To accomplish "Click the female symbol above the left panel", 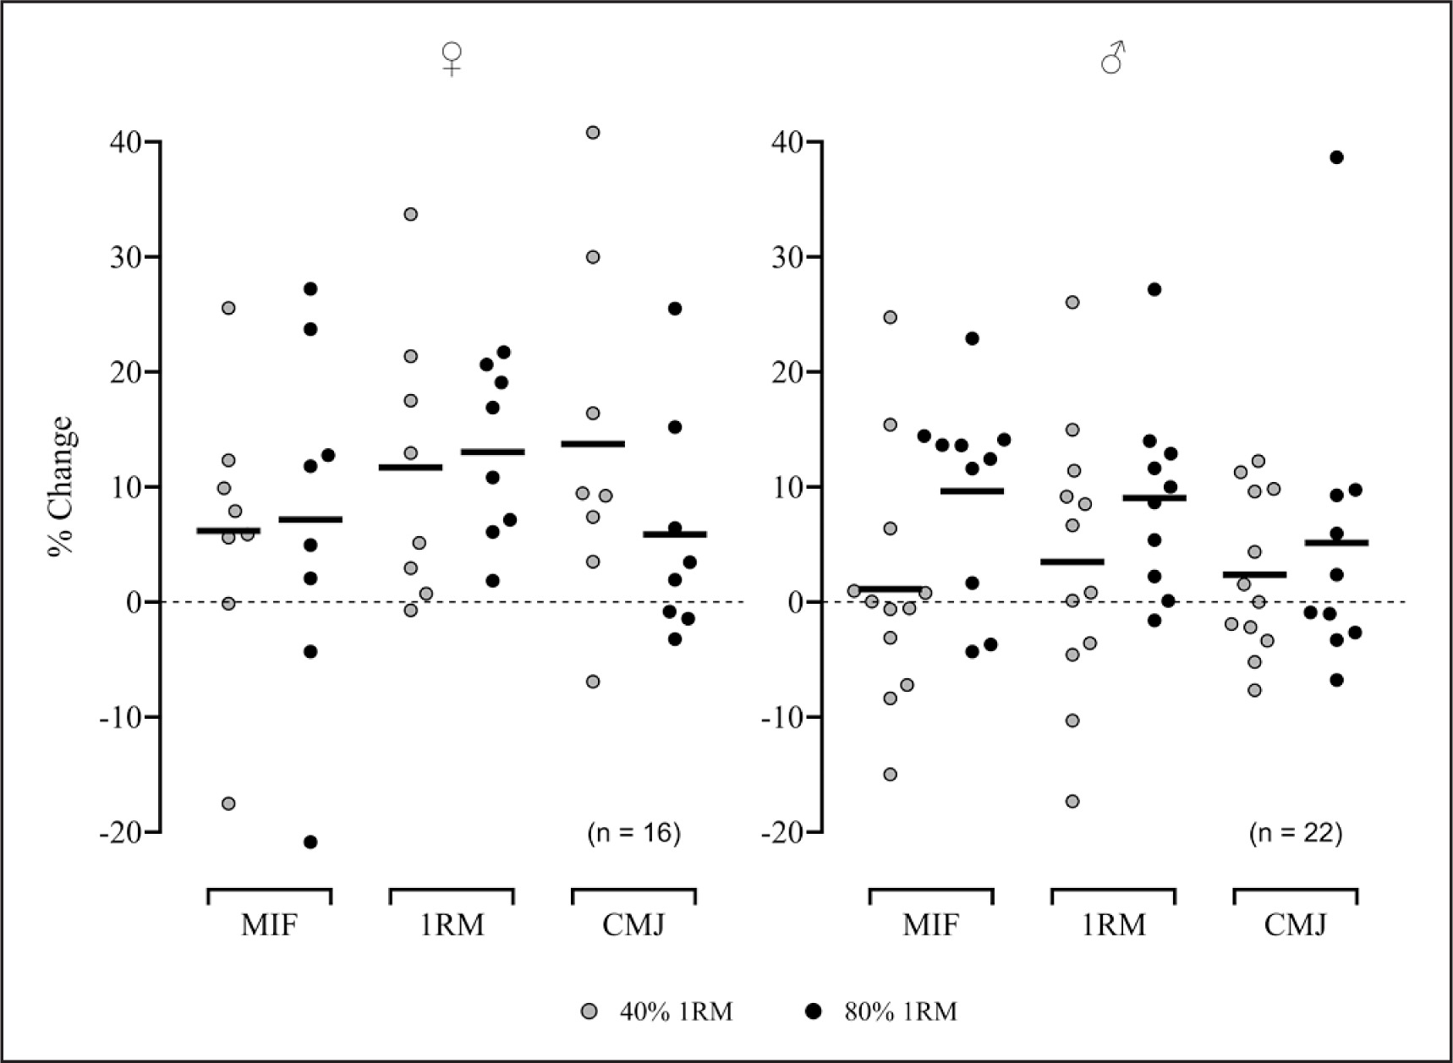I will (452, 58).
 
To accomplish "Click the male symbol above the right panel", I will (1113, 58).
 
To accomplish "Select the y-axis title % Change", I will (62, 486).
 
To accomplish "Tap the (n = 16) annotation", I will (633, 833).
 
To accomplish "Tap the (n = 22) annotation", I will (1296, 833).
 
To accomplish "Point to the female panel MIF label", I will (269, 925).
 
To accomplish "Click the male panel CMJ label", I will (1296, 925).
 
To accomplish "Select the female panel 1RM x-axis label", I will (452, 925).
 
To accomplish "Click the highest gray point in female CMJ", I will (593, 132).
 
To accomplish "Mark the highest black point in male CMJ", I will (1336, 157).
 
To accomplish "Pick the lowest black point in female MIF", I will (310, 841).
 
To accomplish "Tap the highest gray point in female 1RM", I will (410, 214).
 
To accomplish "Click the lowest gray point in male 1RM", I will (1072, 801).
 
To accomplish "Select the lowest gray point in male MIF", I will (890, 774).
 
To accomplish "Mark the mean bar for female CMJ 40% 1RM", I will (593, 443).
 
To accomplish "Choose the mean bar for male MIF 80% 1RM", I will (972, 490).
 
